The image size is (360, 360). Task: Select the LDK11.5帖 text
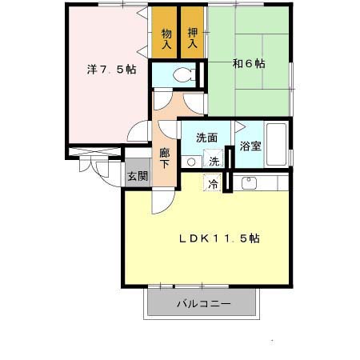(x=218, y=238)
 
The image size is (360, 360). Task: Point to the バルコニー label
(x=203, y=305)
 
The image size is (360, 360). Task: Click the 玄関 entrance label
(x=137, y=176)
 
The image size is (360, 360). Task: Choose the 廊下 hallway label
(x=165, y=157)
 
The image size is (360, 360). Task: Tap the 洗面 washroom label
(x=206, y=138)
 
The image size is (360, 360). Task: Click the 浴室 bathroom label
(x=250, y=146)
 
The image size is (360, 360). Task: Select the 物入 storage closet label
(x=166, y=38)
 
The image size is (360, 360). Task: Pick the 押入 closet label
(x=193, y=38)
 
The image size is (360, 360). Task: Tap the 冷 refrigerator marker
(x=213, y=183)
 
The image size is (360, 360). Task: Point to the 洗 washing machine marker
(x=214, y=161)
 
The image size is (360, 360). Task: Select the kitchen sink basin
(x=247, y=183)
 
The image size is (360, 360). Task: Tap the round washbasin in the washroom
(x=190, y=162)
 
